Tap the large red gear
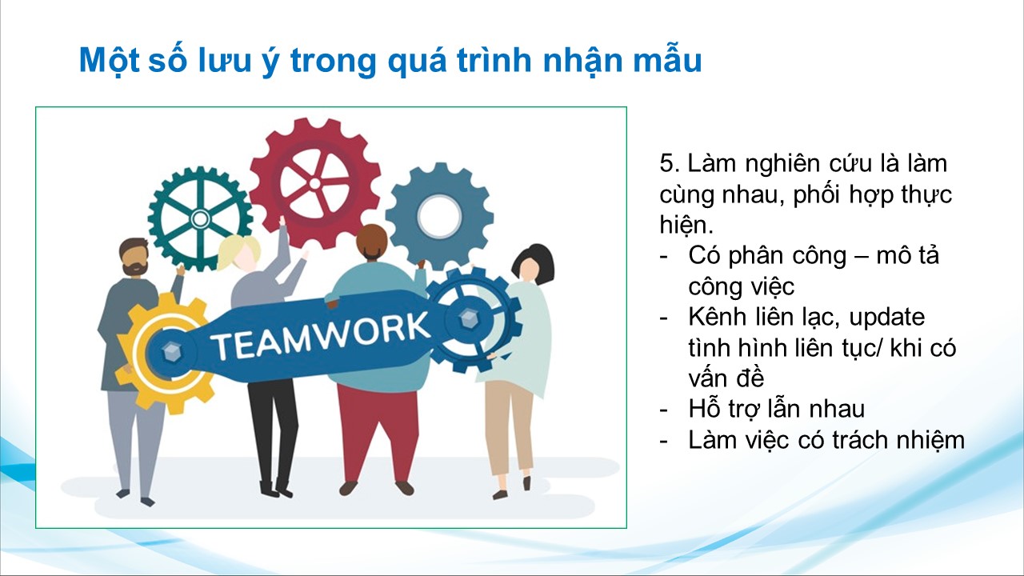(x=315, y=183)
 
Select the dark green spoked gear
(x=200, y=218)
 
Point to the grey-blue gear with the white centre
(x=439, y=216)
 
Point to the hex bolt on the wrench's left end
(x=171, y=351)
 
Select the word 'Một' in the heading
(x=109, y=60)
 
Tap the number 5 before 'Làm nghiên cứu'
(x=667, y=164)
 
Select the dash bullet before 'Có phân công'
(x=664, y=257)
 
